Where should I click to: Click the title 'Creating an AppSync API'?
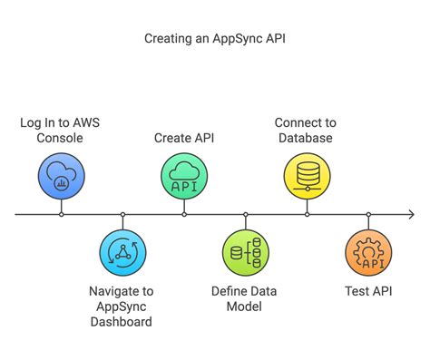[214, 40]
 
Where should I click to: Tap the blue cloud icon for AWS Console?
[61, 175]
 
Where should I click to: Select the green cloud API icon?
[184, 175]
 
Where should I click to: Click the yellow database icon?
[307, 175]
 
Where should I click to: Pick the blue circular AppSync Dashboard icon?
[122, 254]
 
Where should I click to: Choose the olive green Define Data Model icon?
[246, 254]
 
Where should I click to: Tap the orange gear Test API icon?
[368, 254]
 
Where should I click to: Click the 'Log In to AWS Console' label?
[61, 130]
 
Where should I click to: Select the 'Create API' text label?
[184, 137]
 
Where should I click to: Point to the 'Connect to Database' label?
[307, 130]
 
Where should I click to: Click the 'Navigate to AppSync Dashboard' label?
[122, 306]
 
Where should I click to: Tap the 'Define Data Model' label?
[246, 299]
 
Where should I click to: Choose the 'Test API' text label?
[368, 292]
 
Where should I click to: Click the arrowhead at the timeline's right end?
[411, 215]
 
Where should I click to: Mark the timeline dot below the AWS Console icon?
[61, 215]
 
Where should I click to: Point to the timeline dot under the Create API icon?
[184, 215]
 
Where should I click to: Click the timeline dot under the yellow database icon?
[307, 215]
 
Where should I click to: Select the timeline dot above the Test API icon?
[368, 215]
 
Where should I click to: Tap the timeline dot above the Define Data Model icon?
[246, 215]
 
